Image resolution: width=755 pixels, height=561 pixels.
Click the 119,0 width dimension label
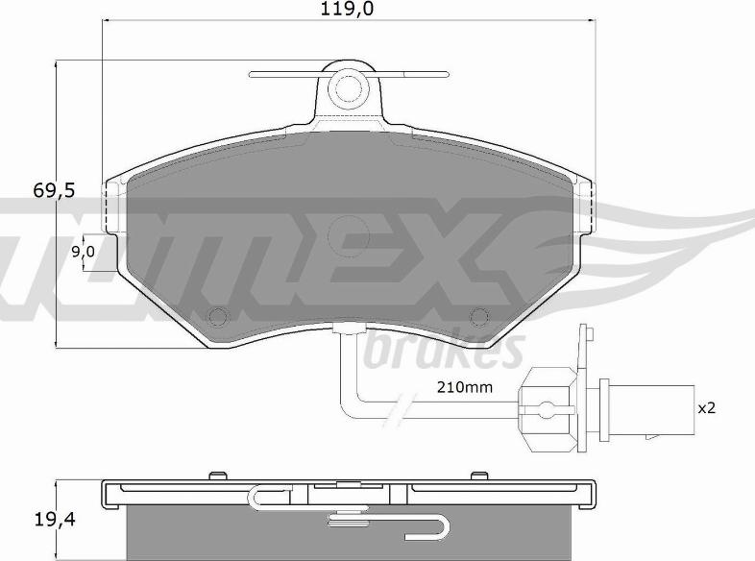[x=347, y=9]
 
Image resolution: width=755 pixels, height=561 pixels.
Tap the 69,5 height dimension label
[x=54, y=191]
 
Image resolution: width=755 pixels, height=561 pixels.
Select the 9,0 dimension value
[x=84, y=252]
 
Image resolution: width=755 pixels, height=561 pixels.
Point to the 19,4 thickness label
[x=55, y=520]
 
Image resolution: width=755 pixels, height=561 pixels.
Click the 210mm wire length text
[x=465, y=387]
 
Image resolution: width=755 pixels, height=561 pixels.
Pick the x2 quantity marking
[x=707, y=408]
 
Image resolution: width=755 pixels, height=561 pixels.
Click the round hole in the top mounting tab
[x=348, y=87]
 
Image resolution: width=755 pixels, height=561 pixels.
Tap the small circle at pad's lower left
[x=218, y=316]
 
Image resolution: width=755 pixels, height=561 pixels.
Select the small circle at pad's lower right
[x=479, y=316]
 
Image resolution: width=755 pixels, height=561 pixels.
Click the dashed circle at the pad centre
[x=348, y=236]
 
